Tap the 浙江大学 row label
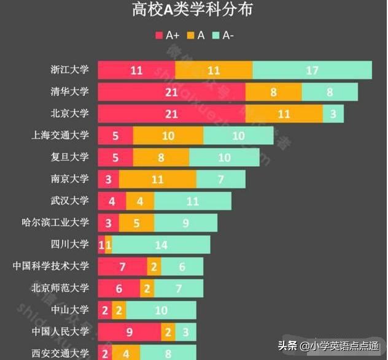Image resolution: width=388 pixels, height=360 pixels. pyautogui.click(x=69, y=69)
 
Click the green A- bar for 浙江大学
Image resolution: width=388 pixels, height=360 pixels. pyautogui.click(x=312, y=70)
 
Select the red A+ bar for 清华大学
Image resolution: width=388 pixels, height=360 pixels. pyautogui.click(x=171, y=92)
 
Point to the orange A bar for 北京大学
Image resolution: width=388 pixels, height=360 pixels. pyautogui.click(x=284, y=114)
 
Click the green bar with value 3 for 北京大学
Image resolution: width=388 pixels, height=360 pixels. pyautogui.click(x=333, y=114)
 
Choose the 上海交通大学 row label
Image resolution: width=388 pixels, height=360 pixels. pyautogui.click(x=61, y=135)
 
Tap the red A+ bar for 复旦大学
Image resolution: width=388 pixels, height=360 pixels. pyautogui.click(x=115, y=158)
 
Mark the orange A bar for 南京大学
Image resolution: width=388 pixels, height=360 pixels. pyautogui.click(x=158, y=180)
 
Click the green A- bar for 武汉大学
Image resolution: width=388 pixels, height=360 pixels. pyautogui.click(x=193, y=201)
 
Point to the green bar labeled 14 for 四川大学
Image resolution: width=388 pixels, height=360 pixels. pyautogui.click(x=161, y=245)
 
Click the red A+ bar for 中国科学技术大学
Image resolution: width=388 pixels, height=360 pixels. pyautogui.click(x=122, y=267)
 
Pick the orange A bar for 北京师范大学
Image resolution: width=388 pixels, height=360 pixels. pyautogui.click(x=147, y=288)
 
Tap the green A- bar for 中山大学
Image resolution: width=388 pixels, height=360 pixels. pyautogui.click(x=161, y=310)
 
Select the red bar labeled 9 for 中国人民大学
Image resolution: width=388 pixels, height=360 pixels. pyautogui.click(x=130, y=332)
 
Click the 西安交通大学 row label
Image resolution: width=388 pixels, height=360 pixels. pyautogui.click(x=61, y=353)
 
